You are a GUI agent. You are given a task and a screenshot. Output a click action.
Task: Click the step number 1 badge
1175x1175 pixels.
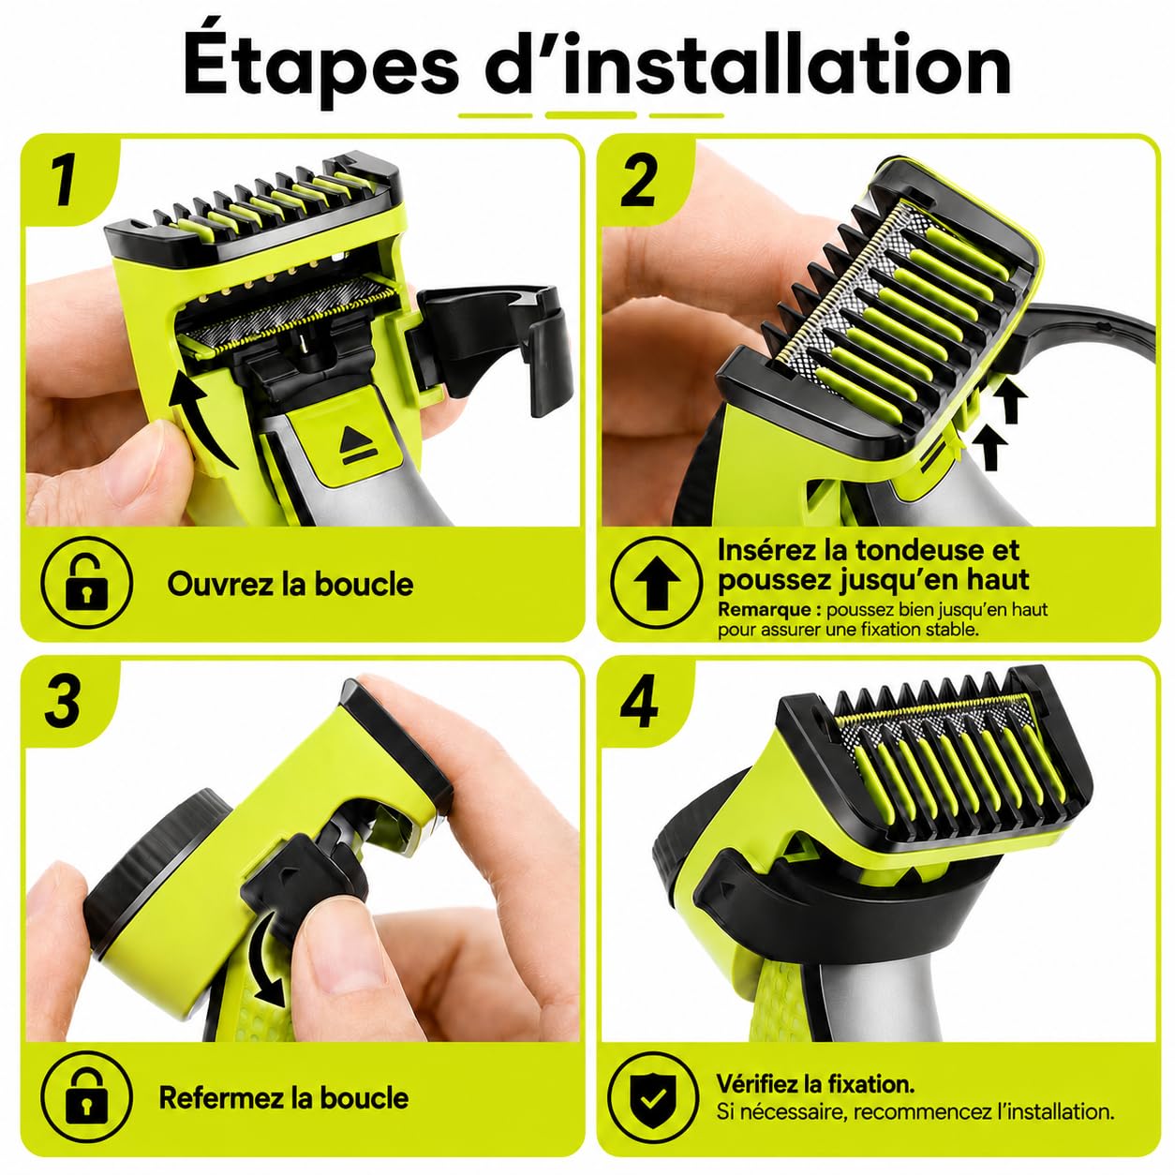pos(64,180)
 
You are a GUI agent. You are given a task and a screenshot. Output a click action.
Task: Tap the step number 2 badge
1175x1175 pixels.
pos(638,181)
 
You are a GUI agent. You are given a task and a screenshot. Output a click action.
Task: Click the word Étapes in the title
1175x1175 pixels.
pos(320,67)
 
